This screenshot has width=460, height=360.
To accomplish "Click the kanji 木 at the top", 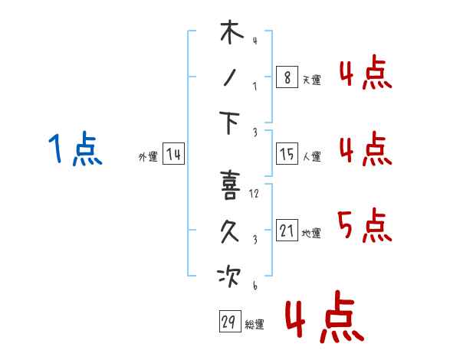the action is tap(232, 32).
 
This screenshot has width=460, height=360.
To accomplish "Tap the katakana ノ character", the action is tap(230, 77).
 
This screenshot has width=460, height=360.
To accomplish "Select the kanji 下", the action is tap(229, 123).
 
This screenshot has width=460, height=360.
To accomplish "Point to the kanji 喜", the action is tap(230, 185).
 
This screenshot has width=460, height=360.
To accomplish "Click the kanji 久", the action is tap(230, 231).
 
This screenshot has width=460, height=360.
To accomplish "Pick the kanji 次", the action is tap(228, 277).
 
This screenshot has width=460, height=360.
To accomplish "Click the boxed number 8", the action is tap(287, 77).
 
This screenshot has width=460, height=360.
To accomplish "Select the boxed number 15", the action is tap(287, 154).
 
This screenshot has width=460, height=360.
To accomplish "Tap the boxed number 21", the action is tap(287, 230).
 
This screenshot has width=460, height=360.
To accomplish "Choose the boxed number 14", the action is tap(174, 154).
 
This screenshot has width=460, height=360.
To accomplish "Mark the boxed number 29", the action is tap(230, 321).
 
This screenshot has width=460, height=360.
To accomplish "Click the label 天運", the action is tap(312, 80).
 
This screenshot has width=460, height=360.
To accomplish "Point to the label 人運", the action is tap(312, 156).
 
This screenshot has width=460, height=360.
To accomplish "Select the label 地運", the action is tap(311, 233).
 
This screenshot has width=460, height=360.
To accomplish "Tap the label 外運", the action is tap(148, 157).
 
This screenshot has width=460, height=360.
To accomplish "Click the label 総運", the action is tap(255, 325).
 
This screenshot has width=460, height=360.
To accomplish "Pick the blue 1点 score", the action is tap(75, 149).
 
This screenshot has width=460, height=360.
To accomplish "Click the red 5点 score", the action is tap(365, 225).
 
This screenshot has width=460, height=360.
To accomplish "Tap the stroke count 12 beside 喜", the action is tap(254, 194).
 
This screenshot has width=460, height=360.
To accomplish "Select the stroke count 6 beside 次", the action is tap(255, 285).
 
